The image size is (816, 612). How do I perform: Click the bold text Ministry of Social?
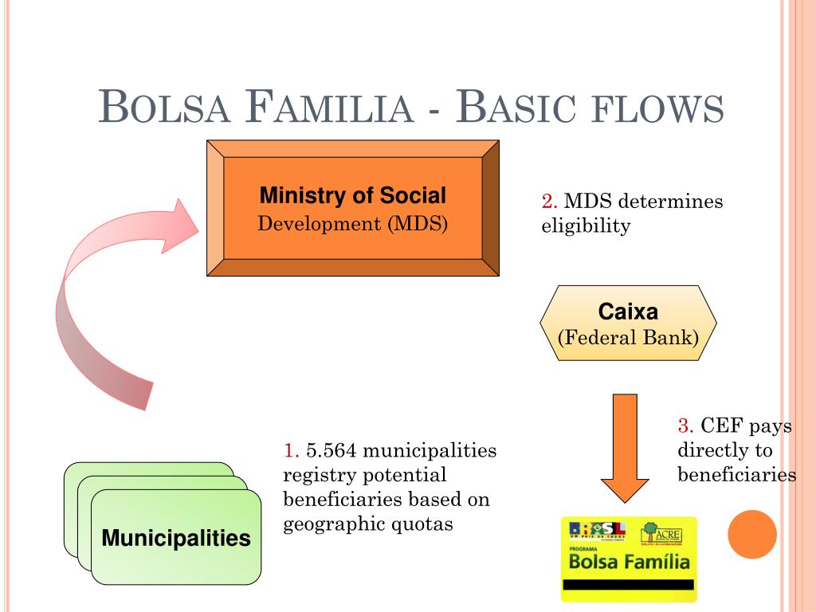click(353, 195)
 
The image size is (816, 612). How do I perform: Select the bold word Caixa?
click(628, 312)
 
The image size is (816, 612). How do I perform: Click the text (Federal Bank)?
click(628, 337)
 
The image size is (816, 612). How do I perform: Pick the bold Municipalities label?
click(176, 538)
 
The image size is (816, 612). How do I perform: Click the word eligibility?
click(586, 226)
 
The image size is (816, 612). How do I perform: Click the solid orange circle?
click(752, 534)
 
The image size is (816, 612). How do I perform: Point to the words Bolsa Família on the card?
click(629, 563)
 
